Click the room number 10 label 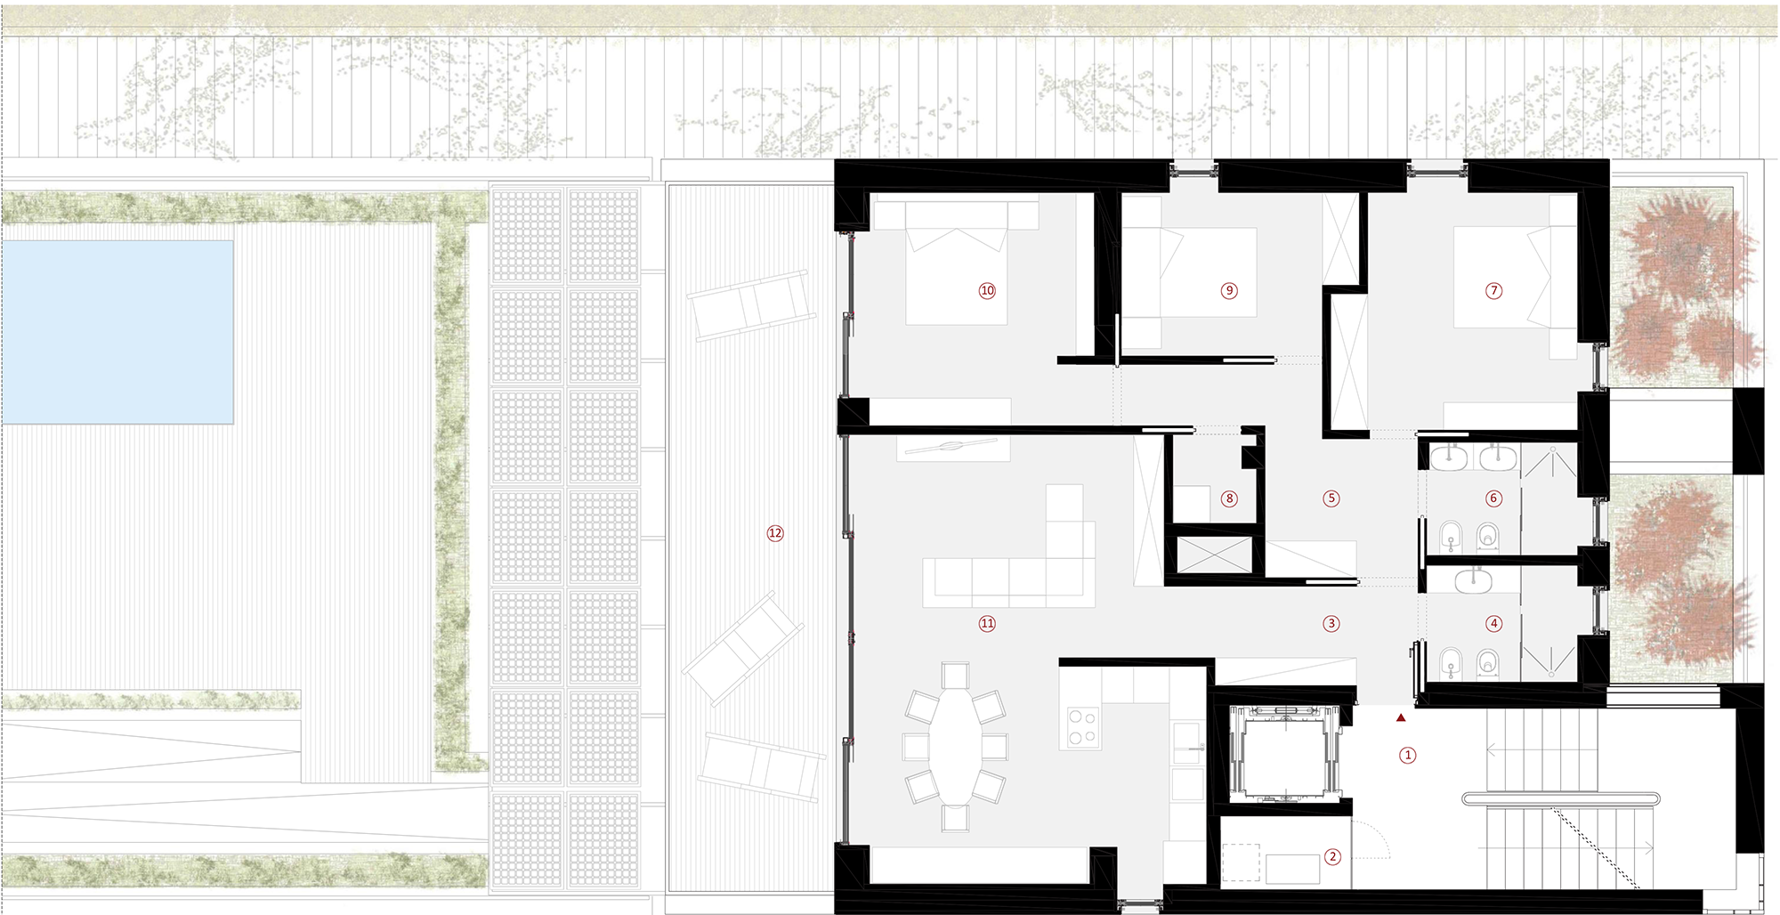coord(987,290)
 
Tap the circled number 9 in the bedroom coord(1229,290)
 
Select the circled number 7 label coord(1493,290)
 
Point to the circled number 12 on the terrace coord(775,533)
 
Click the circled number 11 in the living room coord(987,623)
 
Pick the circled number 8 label coord(1229,498)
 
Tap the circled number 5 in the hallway coord(1331,498)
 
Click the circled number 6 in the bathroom coord(1493,498)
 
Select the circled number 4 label coord(1493,624)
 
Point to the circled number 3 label coord(1331,624)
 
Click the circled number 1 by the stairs coord(1407,755)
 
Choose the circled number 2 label coord(1332,857)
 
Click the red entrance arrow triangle coord(1401,717)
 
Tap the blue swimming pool coord(117,332)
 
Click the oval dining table coord(956,746)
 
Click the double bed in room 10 coord(957,275)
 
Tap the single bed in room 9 coord(1189,271)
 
